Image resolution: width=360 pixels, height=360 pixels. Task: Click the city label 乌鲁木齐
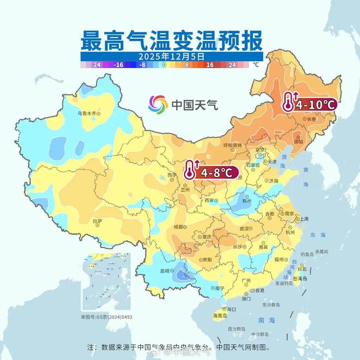pyautogui.click(x=89, y=113)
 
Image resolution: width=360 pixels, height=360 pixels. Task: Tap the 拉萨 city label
pyautogui.click(x=98, y=221)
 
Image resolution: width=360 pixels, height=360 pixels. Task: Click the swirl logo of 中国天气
pyautogui.click(x=159, y=103)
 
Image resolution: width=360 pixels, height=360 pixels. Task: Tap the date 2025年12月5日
pyautogui.click(x=171, y=56)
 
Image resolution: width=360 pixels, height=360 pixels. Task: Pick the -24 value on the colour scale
pyautogui.click(x=97, y=64)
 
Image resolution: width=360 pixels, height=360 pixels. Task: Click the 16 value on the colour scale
pyautogui.click(x=209, y=64)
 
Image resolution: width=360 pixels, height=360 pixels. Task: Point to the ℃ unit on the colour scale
pyautogui.click(x=255, y=64)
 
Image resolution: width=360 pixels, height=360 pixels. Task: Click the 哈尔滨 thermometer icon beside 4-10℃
pyautogui.click(x=289, y=101)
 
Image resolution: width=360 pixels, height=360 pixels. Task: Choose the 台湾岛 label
pyautogui.click(x=301, y=278)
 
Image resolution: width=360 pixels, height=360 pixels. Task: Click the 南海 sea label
pyautogui.click(x=263, y=320)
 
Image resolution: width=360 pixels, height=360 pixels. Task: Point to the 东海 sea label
pyautogui.click(x=317, y=235)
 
